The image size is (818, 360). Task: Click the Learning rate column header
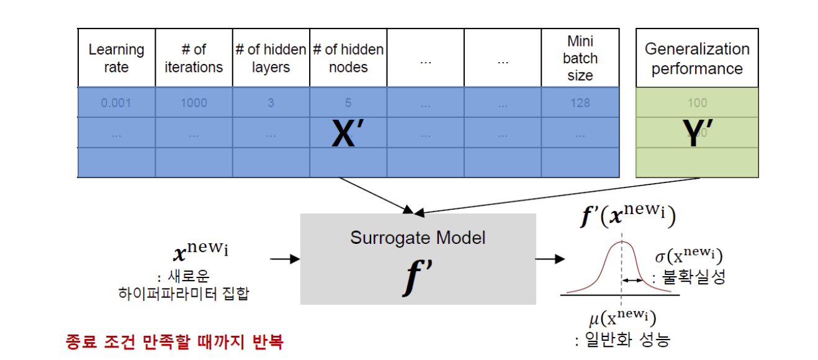[x=116, y=58]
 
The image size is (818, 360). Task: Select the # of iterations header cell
[x=194, y=58]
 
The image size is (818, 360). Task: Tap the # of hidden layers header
[x=271, y=58]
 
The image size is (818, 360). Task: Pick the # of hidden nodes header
[x=348, y=58]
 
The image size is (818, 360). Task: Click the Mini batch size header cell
[x=580, y=58]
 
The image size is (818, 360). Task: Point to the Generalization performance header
[x=697, y=58]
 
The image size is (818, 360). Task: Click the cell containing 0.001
[x=116, y=102]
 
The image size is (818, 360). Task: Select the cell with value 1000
[x=194, y=102]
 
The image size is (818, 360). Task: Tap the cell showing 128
[x=580, y=102]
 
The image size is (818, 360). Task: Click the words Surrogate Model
[x=418, y=237]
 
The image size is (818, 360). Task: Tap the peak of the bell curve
[x=621, y=243]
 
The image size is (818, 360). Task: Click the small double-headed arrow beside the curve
[x=632, y=281]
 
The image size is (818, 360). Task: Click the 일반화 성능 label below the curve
[x=622, y=340]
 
